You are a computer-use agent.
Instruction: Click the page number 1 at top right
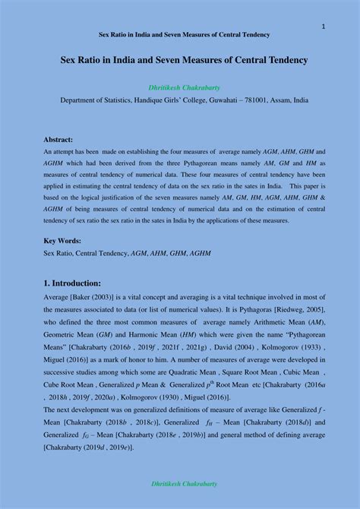click(x=324, y=27)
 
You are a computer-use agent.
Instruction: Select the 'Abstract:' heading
click(x=58, y=140)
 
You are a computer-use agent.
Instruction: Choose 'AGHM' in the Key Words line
click(x=201, y=253)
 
